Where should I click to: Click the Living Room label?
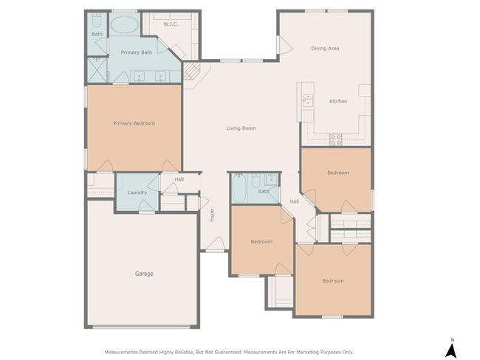241,128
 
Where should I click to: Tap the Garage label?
144,274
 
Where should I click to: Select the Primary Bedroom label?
134,123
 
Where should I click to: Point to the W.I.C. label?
171,24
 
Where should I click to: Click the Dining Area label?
325,49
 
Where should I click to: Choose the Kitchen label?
338,101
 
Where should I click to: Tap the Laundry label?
137,193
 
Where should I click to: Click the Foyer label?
212,215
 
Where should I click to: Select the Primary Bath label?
136,52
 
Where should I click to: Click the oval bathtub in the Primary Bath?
124,25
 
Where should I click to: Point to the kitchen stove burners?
336,139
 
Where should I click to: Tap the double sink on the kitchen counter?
308,100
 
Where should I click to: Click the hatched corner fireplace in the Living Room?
191,72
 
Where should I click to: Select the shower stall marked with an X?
97,70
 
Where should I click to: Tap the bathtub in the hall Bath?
239,189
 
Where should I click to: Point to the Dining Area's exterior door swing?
285,45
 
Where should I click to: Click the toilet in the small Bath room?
97,20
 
